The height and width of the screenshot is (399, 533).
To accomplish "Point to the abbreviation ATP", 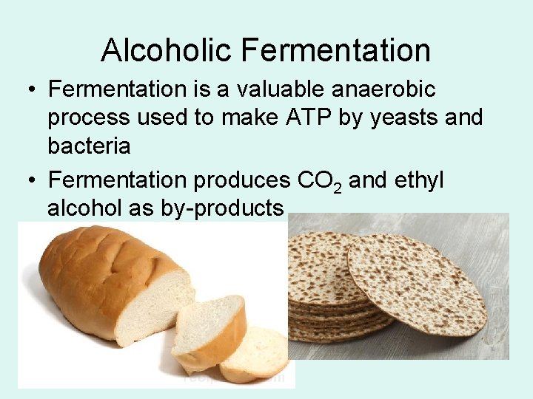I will [294, 117].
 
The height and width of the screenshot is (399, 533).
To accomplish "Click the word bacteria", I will [89, 146].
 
